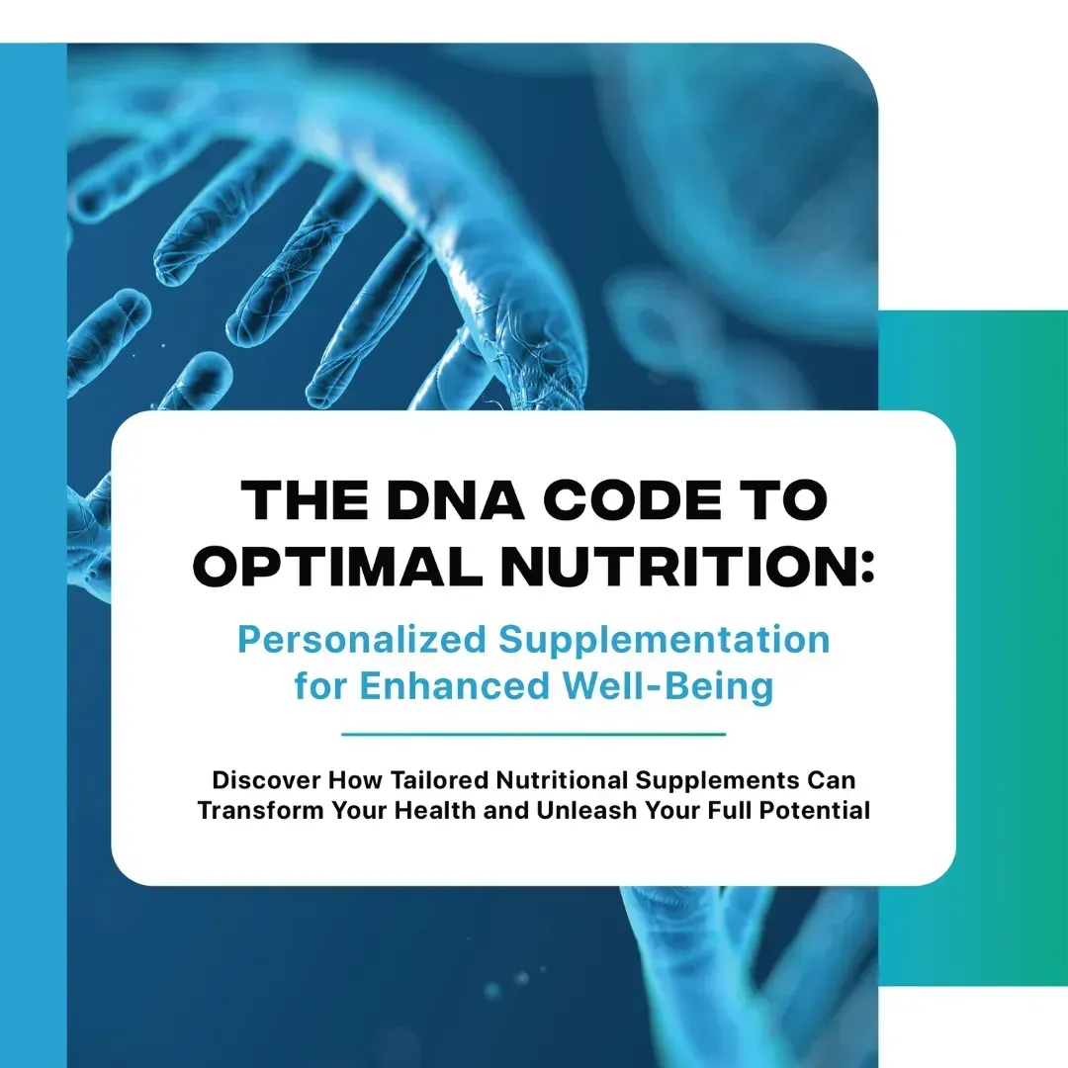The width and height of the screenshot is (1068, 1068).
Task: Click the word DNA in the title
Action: (x=455, y=500)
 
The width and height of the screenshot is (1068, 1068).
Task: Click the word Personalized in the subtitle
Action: (x=362, y=640)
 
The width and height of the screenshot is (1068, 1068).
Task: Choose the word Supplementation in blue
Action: (x=665, y=640)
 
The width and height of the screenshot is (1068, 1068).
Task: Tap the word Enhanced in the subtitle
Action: (x=454, y=685)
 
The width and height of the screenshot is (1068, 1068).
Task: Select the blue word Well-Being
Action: (x=667, y=686)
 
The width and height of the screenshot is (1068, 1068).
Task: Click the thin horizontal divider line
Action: (x=533, y=735)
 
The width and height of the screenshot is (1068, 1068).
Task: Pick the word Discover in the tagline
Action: (x=266, y=780)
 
